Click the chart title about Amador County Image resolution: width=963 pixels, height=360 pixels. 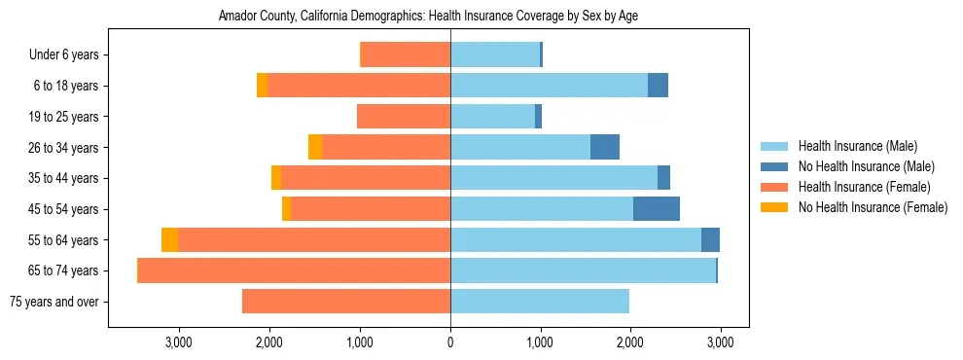pyautogui.click(x=428, y=17)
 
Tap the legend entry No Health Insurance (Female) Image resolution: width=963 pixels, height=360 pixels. pyautogui.click(x=873, y=207)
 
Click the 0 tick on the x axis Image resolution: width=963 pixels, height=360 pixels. pyautogui.click(x=450, y=343)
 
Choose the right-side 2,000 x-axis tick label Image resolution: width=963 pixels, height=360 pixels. pyautogui.click(x=629, y=343)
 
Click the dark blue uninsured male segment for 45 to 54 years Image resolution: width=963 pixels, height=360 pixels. pyautogui.click(x=657, y=209)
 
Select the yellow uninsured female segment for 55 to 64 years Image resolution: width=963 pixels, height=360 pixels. pyautogui.click(x=170, y=240)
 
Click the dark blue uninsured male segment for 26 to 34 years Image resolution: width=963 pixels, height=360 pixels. pyautogui.click(x=605, y=147)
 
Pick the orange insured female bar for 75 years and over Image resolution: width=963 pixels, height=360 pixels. pyautogui.click(x=346, y=302)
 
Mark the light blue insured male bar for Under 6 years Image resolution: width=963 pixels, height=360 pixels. pyautogui.click(x=495, y=54)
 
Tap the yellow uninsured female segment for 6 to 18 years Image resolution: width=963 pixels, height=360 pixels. pyautogui.click(x=263, y=86)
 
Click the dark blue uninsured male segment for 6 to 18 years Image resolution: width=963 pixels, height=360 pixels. pyautogui.click(x=659, y=86)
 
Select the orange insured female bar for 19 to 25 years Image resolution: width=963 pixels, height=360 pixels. pyautogui.click(x=404, y=117)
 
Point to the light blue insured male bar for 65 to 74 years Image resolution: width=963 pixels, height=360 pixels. pyautogui.click(x=583, y=270)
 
